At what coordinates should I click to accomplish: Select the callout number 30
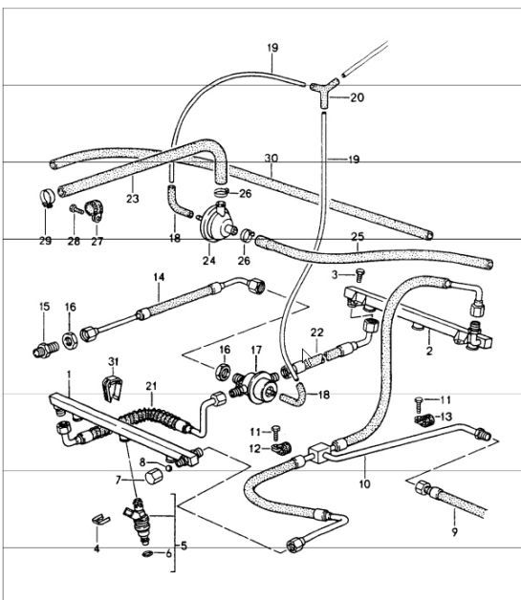[271, 160]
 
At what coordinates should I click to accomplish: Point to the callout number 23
[133, 200]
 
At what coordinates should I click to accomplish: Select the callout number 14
[160, 277]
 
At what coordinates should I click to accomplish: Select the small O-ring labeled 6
[145, 553]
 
